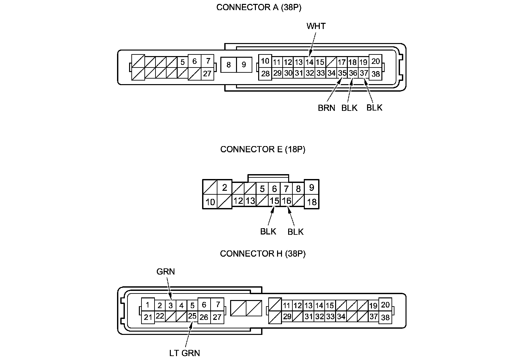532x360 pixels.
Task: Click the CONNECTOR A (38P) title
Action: coord(259,8)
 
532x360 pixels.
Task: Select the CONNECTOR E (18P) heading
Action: coord(263,149)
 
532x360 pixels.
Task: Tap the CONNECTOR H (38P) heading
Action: coord(263,254)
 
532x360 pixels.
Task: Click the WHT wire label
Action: coord(316,26)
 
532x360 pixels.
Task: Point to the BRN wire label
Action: coord(326,108)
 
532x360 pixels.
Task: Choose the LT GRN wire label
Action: coord(185,353)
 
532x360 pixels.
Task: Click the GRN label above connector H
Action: coord(166,272)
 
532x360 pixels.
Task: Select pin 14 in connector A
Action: coord(309,62)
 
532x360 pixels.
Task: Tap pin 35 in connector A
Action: coord(342,73)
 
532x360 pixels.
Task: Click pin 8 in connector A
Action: coord(229,65)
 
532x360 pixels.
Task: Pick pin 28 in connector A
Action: coord(265,74)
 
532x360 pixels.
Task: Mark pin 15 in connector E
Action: coord(274,201)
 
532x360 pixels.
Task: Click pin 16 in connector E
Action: coord(286,201)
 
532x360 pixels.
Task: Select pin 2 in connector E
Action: coord(224,188)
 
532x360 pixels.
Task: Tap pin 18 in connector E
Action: coord(312,202)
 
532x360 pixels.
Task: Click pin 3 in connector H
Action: coord(170,306)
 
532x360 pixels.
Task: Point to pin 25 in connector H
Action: coord(192,316)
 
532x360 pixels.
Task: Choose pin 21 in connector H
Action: coord(148,317)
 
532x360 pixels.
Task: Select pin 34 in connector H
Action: coord(341,316)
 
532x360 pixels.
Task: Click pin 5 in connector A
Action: coord(182,62)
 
